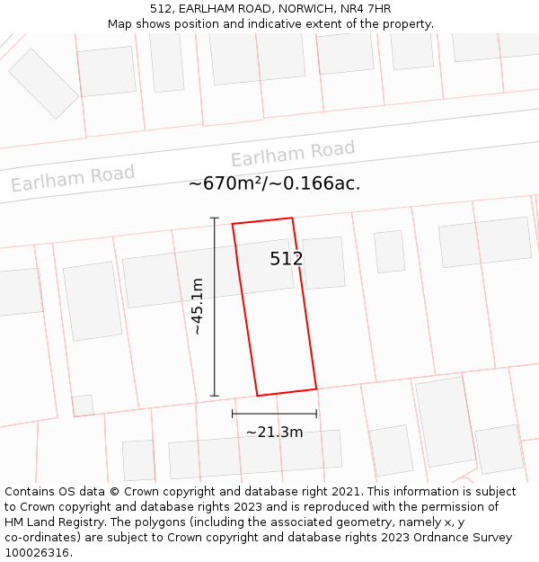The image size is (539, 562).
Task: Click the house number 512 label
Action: pos(286,259)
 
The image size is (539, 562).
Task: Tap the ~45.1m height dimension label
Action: pos(198,306)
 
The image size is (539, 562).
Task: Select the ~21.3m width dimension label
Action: pos(274,432)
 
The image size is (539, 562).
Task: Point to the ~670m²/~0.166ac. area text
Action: pos(274,183)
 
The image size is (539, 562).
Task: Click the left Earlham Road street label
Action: pos(73,177)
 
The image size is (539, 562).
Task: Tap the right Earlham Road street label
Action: pos(293,154)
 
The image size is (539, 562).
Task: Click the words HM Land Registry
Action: pos(52,522)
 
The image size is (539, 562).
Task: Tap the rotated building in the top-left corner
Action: pos(44,83)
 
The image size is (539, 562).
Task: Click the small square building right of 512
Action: pos(323,263)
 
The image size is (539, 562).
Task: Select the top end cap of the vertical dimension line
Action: pos(214,218)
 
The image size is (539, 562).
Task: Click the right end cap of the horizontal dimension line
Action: pos(316,414)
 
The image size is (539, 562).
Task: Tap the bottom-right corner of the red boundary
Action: pos(316,388)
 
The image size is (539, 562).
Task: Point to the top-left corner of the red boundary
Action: pos(233,224)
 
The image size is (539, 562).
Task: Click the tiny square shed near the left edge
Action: pos(83,406)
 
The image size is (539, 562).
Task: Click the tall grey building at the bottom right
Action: pos(445,421)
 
